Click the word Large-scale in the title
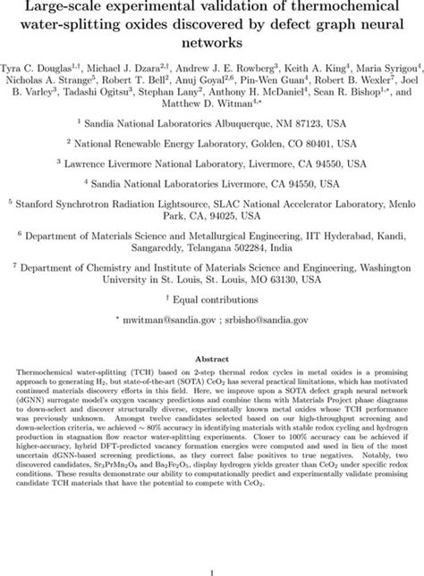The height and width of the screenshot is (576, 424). point(62,8)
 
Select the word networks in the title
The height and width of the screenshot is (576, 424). point(211,40)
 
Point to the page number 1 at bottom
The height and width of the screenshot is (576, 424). point(211,563)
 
